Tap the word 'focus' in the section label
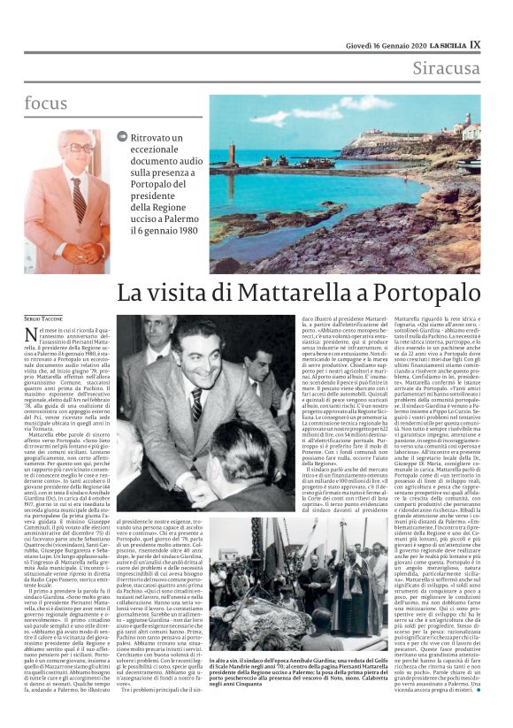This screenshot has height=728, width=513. pos(46,103)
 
